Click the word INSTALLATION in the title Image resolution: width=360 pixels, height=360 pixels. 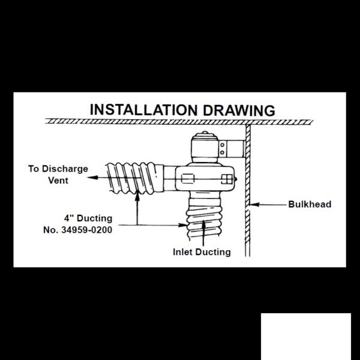click(x=143, y=110)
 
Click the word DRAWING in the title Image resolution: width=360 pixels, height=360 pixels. click(x=239, y=110)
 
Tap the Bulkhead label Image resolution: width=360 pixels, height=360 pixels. click(x=310, y=205)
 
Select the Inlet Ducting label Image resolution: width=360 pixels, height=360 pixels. click(x=202, y=252)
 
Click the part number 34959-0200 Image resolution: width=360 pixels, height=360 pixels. click(x=87, y=230)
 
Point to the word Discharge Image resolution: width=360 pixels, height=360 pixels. click(x=65, y=169)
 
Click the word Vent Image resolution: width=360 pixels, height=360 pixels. click(x=58, y=181)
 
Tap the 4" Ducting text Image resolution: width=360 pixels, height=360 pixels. click(x=88, y=218)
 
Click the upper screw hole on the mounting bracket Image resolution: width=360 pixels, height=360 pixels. click(x=222, y=145)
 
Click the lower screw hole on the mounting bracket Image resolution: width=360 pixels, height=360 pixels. click(x=222, y=152)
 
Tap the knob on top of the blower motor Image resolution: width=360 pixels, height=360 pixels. click(x=205, y=133)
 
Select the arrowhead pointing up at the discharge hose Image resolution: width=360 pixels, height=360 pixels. click(x=137, y=196)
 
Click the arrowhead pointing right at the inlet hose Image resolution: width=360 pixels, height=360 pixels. click(x=183, y=225)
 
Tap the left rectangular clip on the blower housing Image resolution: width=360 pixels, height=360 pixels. click(x=188, y=179)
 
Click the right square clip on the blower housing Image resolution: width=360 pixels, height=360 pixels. click(x=227, y=179)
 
